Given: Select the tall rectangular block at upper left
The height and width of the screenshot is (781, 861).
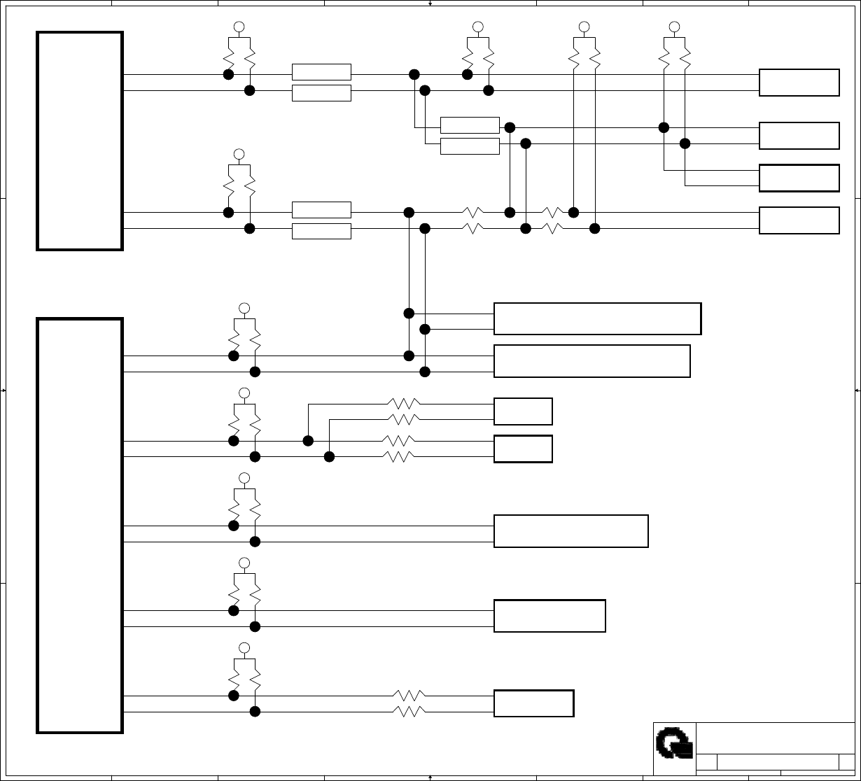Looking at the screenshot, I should tap(80, 140).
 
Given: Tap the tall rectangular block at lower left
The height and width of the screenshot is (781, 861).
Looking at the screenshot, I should tap(80, 526).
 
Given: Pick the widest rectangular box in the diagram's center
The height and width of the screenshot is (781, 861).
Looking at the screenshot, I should tap(597, 318).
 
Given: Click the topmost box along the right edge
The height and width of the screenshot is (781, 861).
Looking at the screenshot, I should tap(799, 83).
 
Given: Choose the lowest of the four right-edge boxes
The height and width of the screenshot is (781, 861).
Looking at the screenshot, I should tap(799, 220).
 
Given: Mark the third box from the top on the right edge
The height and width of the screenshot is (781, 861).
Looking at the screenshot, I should tap(799, 178).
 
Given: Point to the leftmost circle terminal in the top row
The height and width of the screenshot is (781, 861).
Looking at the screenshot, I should tap(239, 27).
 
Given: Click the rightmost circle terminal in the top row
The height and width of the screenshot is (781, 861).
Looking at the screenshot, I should tap(674, 27).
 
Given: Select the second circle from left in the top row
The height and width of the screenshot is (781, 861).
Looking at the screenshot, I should tap(478, 27).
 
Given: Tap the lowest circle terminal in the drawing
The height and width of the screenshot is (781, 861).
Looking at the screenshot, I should tap(244, 647).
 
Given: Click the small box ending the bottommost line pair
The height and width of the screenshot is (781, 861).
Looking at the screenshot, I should tap(533, 703).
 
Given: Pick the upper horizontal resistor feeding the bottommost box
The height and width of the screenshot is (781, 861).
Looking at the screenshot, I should tap(409, 696).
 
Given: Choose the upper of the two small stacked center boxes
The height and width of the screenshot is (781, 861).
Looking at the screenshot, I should tap(523, 411).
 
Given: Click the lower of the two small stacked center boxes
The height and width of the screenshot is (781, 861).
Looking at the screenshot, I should tap(523, 449).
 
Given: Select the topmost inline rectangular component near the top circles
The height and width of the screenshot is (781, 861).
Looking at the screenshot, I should tap(321, 72).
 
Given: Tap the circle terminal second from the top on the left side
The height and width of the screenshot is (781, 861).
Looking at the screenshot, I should tap(239, 154).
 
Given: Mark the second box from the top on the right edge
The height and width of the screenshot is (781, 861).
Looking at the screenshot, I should tap(799, 136).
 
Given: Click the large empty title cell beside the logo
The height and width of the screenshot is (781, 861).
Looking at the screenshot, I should tap(775, 738).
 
